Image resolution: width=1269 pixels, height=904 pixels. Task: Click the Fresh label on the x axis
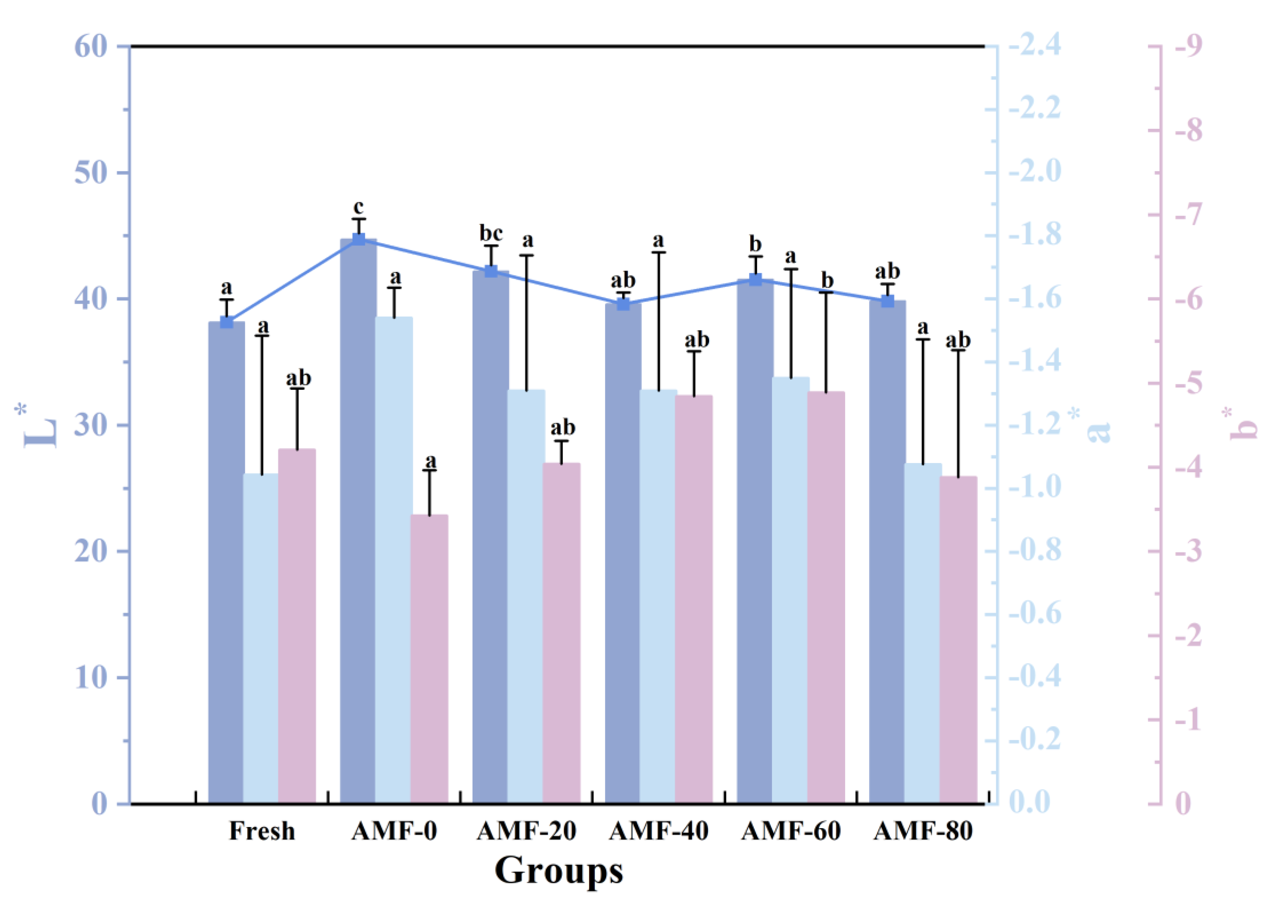pos(262,831)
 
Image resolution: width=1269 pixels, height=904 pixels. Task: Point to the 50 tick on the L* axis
pos(90,173)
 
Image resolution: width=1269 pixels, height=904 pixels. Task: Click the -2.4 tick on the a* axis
pos(1034,46)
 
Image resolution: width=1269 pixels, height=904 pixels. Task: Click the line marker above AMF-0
pos(359,239)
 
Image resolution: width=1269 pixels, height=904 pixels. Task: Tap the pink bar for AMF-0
pos(429,657)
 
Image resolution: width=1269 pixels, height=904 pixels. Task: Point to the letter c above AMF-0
pos(358,207)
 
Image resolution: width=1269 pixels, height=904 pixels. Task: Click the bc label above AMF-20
pos(491,233)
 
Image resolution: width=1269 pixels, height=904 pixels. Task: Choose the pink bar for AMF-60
pos(826,596)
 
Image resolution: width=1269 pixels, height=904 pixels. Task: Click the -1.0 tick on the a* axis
pos(1034,487)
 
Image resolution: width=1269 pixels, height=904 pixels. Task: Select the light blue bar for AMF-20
pos(526,596)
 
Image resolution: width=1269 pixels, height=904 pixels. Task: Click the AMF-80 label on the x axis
pos(923,831)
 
